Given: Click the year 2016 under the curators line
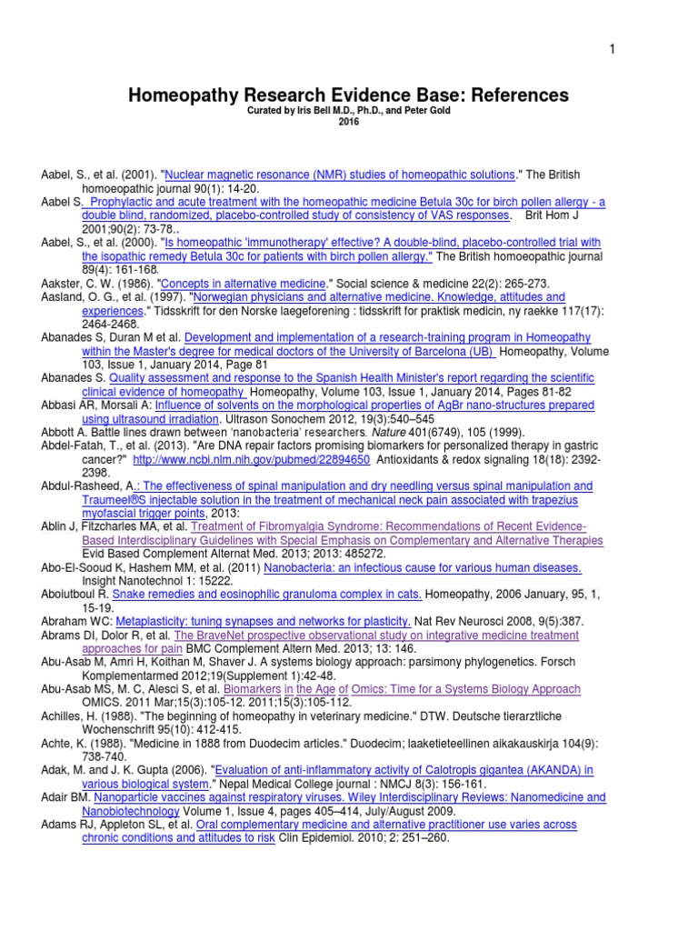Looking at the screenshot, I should click(348, 122).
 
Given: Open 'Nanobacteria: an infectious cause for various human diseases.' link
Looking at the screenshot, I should click(423, 568).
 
